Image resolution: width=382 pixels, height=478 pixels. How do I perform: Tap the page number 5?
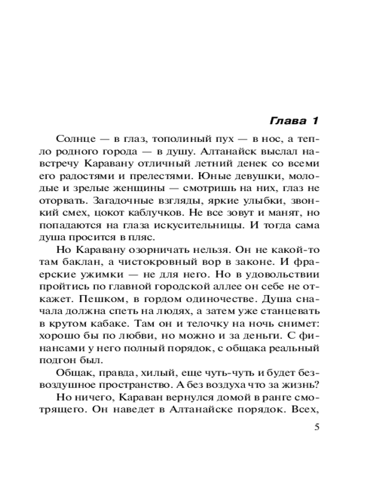coord(315,427)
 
